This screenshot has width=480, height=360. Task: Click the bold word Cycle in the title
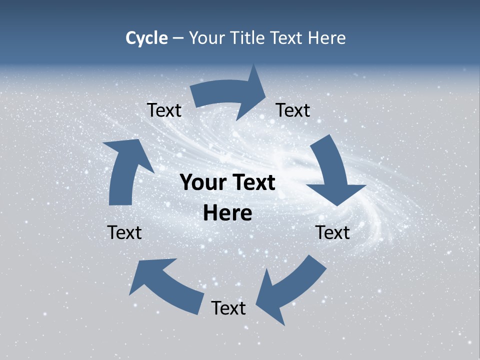[x=146, y=38]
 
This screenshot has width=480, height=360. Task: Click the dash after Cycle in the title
[x=178, y=38]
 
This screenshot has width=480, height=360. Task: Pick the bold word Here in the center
[x=227, y=213]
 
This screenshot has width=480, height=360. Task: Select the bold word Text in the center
[x=253, y=183]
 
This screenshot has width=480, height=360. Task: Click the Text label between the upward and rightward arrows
[x=164, y=110]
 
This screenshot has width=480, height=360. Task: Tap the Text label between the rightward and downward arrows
[x=293, y=110]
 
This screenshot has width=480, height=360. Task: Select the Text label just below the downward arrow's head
[x=333, y=232]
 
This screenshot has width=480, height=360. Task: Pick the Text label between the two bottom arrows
[x=228, y=308]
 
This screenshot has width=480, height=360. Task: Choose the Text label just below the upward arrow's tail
[x=124, y=232]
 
